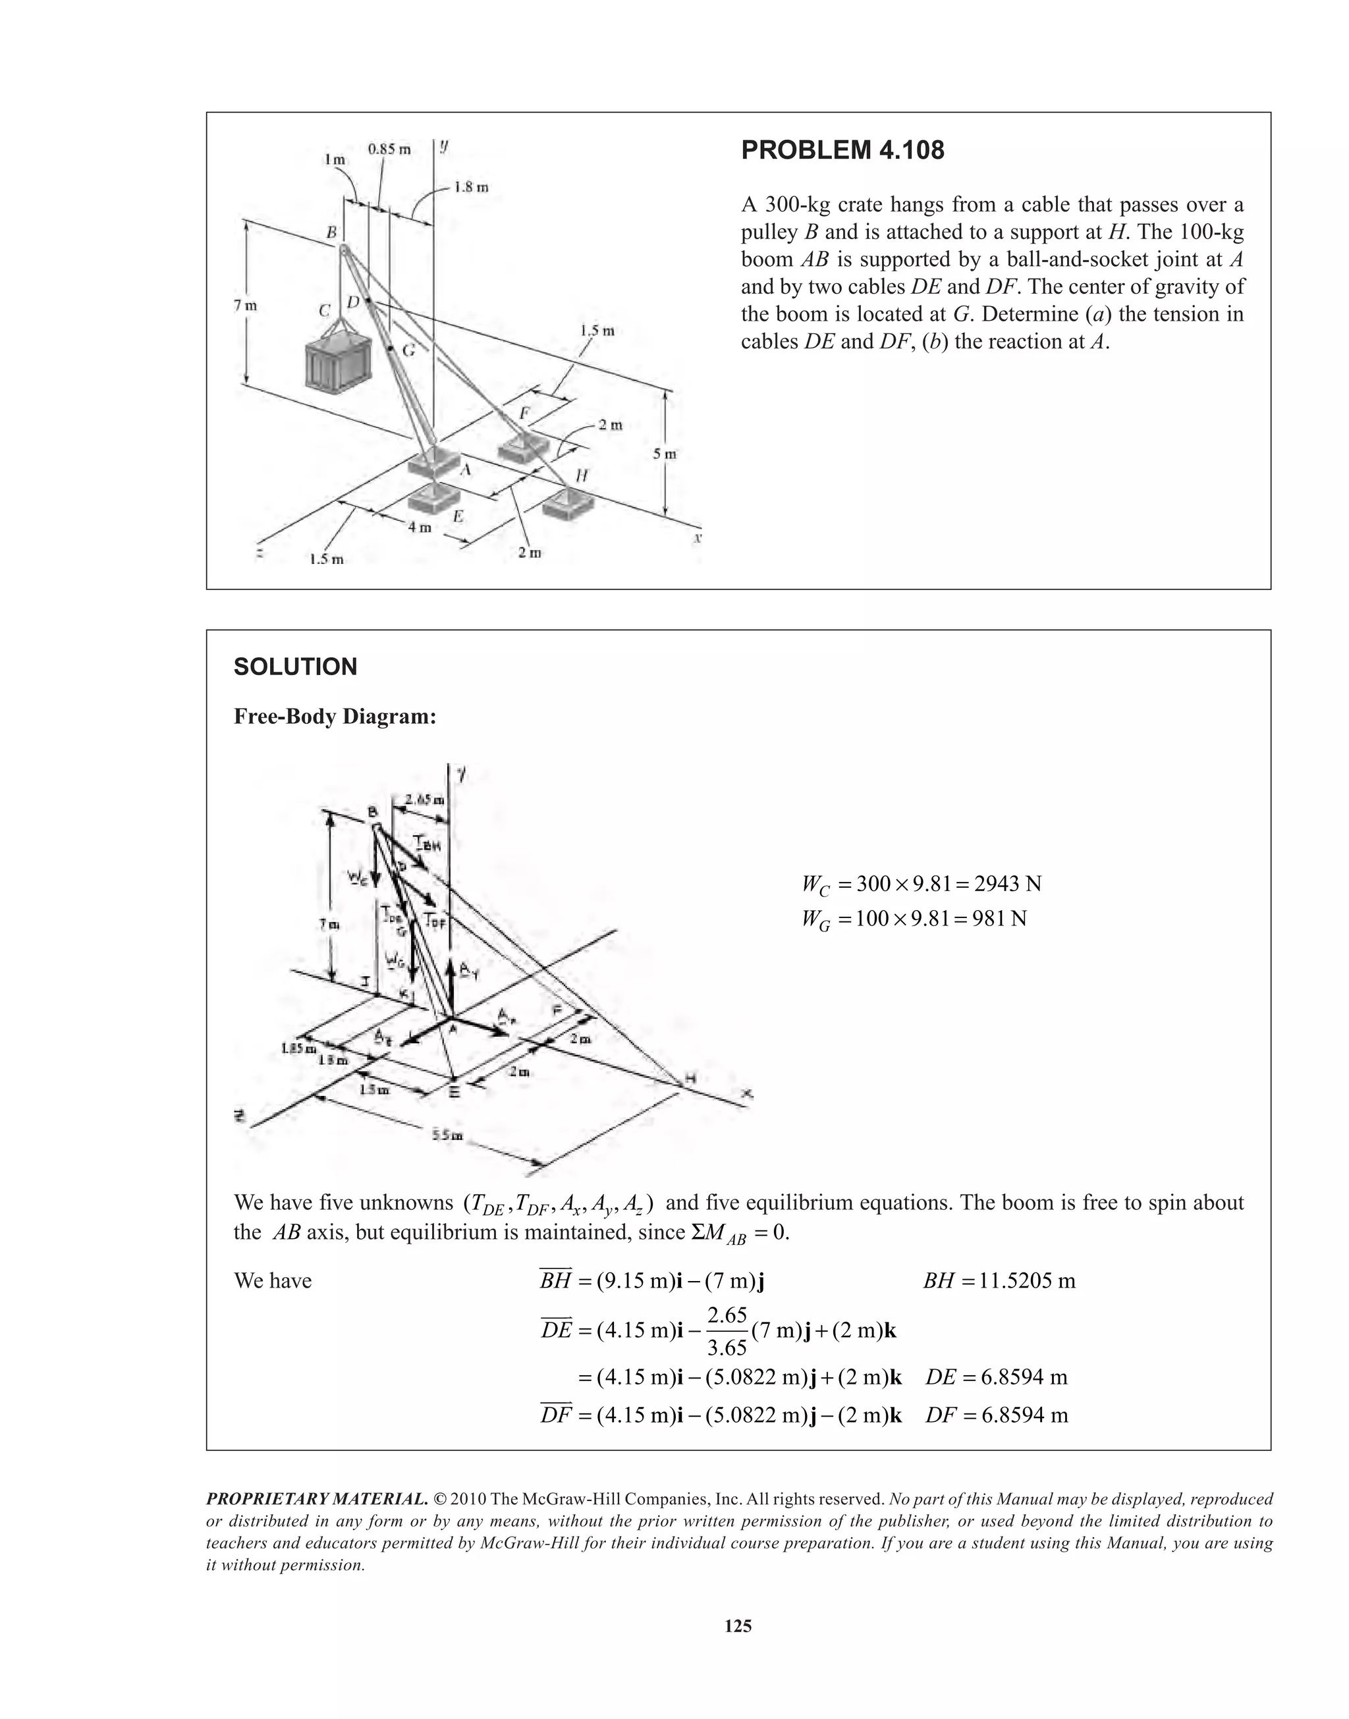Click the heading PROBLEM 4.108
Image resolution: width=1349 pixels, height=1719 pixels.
pyautogui.click(x=842, y=150)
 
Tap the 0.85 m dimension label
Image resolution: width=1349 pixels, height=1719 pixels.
pyautogui.click(x=389, y=150)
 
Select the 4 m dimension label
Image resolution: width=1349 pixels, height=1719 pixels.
pyautogui.click(x=420, y=527)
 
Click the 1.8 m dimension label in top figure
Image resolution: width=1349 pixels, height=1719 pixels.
pyautogui.click(x=472, y=187)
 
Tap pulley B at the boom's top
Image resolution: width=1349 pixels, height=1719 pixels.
pyautogui.click(x=345, y=250)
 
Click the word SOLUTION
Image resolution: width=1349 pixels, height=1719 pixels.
pyautogui.click(x=295, y=667)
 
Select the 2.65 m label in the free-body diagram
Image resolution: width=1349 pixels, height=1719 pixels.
pyautogui.click(x=424, y=800)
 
